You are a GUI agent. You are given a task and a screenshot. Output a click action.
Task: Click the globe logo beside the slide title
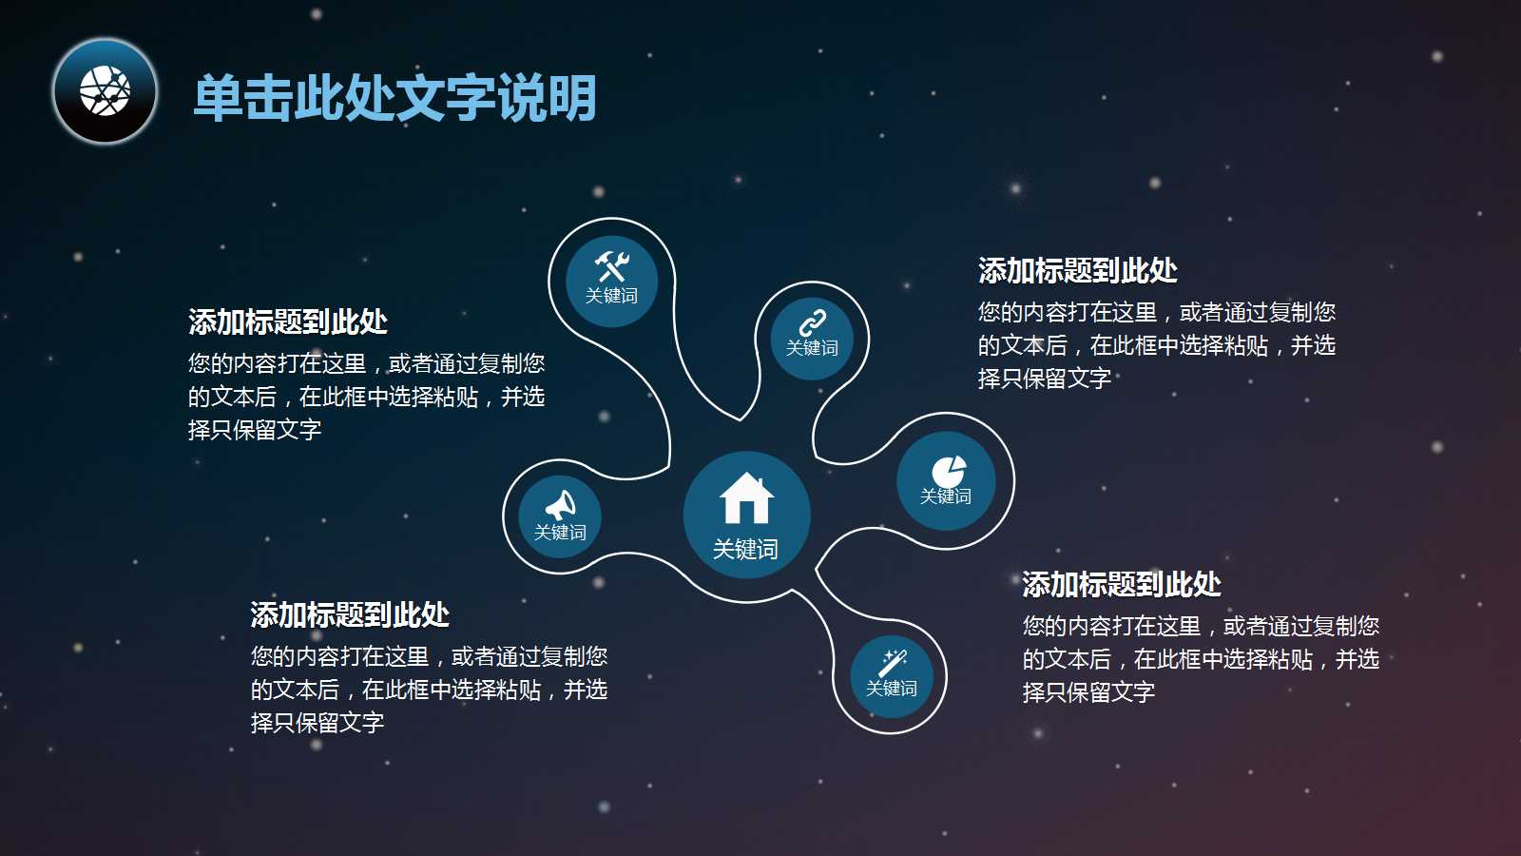[x=105, y=91]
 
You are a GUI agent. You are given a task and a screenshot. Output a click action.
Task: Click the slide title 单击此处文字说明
[x=395, y=98]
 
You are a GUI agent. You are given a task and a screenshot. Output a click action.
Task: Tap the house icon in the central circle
[x=746, y=498]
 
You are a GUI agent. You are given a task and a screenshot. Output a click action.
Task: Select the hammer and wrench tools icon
[x=611, y=265]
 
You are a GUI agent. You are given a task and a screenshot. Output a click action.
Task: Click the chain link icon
[x=812, y=323]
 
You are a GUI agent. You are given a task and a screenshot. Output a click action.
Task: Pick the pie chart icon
[x=948, y=471]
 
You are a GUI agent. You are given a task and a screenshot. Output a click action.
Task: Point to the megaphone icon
[x=561, y=504]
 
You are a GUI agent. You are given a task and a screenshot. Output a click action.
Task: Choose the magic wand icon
[x=893, y=662]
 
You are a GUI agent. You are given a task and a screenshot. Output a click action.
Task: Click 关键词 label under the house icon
[x=745, y=550]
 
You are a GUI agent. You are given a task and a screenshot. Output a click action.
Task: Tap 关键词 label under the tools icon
[x=611, y=296]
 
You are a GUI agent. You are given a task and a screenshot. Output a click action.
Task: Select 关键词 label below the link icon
[x=812, y=348]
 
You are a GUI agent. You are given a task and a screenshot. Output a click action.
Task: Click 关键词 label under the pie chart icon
[x=946, y=496]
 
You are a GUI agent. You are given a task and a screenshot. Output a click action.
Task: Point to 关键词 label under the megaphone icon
[x=560, y=533]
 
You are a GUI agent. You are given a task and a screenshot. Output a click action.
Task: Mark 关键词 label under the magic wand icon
[x=892, y=689]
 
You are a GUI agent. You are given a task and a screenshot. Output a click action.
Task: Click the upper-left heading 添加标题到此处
[x=288, y=322]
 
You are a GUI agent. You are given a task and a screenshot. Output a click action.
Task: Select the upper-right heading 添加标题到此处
[x=1078, y=271]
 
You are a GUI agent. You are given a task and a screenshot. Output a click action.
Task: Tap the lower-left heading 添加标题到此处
[x=350, y=615]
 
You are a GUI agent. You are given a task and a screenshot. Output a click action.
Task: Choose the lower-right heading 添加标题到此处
[x=1122, y=585]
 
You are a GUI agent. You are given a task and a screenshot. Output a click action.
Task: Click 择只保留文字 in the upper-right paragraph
[x=1045, y=379]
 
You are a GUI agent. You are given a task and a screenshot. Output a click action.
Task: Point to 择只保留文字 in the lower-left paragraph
[x=318, y=723]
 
